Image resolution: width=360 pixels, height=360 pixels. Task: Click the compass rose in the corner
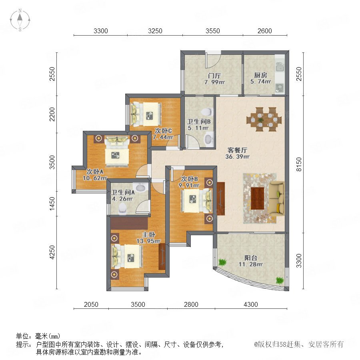click(20, 20)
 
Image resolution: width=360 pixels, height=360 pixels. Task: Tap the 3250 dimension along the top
click(155, 31)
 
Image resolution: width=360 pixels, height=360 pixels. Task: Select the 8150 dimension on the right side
click(299, 164)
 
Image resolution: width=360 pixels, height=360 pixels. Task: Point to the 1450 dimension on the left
click(52, 203)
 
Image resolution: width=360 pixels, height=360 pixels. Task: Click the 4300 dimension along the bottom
click(251, 304)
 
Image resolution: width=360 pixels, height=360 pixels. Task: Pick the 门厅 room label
click(214, 76)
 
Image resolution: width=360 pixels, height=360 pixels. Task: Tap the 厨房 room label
click(260, 75)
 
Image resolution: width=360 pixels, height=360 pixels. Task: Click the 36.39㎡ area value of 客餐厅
click(237, 156)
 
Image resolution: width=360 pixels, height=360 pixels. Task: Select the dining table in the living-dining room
click(264, 119)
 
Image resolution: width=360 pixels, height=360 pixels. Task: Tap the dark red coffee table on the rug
click(257, 198)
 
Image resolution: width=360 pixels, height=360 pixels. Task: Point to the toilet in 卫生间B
click(207, 112)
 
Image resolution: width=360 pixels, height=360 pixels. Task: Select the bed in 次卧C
click(146, 114)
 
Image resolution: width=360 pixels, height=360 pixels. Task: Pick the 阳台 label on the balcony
click(250, 258)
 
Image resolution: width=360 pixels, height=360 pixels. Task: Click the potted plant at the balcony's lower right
click(280, 280)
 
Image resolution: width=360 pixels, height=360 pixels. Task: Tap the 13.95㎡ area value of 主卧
click(148, 241)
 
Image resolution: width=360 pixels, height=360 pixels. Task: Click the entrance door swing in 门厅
click(213, 60)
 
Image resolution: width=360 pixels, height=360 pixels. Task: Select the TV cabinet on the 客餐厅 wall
click(221, 198)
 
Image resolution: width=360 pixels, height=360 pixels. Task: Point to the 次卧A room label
click(95, 172)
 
